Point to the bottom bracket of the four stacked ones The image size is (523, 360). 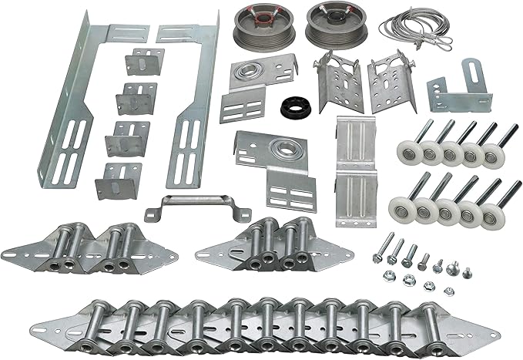(116, 180)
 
